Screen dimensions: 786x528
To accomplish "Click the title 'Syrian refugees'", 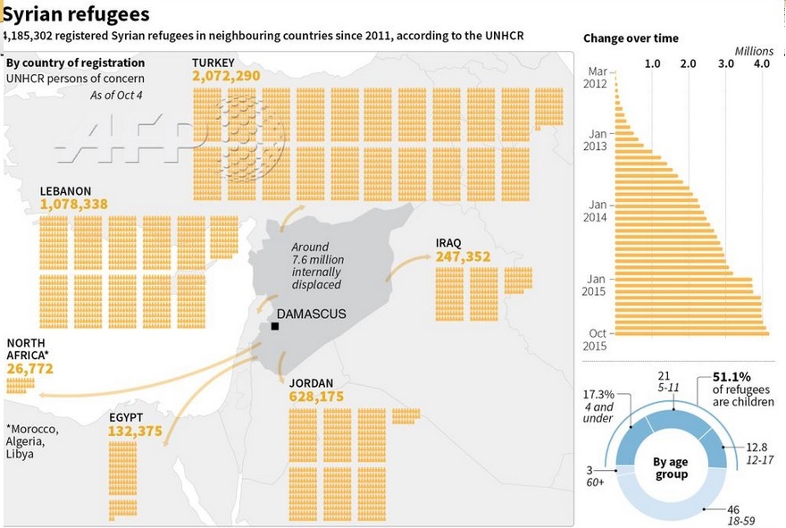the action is [x=76, y=14].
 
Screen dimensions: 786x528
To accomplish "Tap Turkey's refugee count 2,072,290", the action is [x=226, y=76].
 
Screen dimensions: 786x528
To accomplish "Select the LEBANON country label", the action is [x=66, y=191].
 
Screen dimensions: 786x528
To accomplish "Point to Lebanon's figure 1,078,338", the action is [x=73, y=204].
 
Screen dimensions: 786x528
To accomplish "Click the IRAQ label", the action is [x=448, y=243].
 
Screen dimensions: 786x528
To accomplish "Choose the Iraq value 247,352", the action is [x=464, y=256].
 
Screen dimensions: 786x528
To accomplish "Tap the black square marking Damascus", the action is [x=275, y=326].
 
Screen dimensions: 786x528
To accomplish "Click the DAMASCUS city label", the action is [x=312, y=314].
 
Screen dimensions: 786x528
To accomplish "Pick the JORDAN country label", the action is [x=311, y=383].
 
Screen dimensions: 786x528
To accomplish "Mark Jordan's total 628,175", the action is [x=316, y=397].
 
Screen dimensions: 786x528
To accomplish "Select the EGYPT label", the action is [x=126, y=418].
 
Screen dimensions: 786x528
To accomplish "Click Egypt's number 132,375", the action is [x=136, y=432].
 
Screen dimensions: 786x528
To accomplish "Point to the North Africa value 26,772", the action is [x=29, y=369].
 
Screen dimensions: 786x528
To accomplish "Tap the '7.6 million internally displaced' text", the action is [x=317, y=265].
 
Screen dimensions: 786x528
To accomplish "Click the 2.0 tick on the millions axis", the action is [x=688, y=63].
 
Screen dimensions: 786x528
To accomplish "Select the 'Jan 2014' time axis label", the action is [x=595, y=211].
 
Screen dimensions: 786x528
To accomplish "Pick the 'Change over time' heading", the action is [x=631, y=38].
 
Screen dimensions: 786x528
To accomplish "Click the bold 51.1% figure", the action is [x=732, y=377].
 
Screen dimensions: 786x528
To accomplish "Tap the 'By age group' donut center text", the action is [x=671, y=468].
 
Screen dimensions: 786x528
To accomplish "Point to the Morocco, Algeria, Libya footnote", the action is [x=32, y=441].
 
